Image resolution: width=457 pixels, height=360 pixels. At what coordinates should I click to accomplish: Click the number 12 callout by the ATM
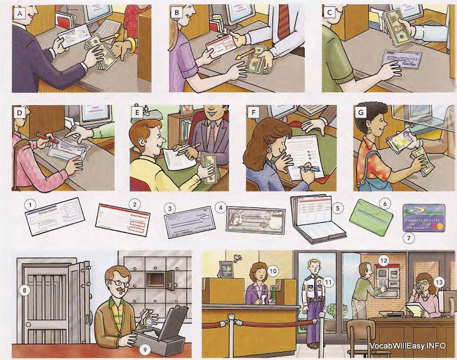point(384,261)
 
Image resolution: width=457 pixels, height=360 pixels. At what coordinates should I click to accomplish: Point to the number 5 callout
point(338,208)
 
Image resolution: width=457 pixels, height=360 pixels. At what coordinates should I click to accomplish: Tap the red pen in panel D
point(42,136)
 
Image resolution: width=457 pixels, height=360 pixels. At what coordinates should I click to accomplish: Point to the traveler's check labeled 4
point(256,220)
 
